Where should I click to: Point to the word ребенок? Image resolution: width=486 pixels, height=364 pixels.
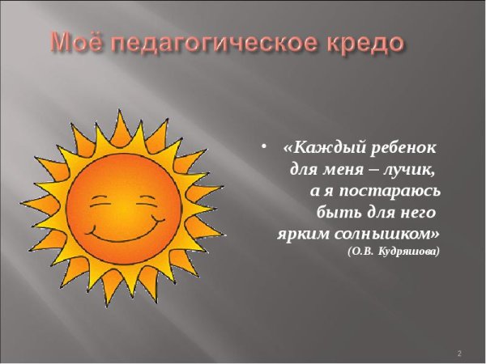point(403,150)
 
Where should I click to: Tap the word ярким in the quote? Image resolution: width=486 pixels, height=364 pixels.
point(299,234)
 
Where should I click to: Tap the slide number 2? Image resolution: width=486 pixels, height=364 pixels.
point(459,354)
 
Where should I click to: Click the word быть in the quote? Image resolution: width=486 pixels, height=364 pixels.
point(334,213)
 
